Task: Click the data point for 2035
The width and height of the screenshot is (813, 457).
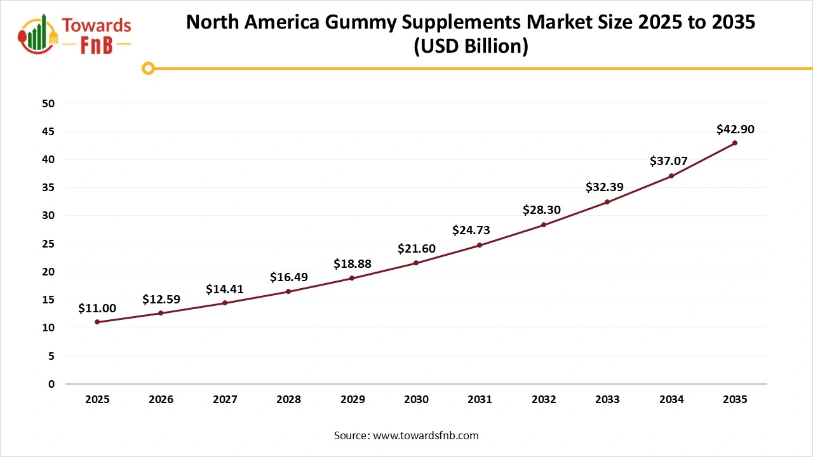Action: [x=735, y=143]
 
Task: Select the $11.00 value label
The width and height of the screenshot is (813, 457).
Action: [x=97, y=308]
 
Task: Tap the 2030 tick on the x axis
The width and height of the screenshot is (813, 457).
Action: [x=416, y=400]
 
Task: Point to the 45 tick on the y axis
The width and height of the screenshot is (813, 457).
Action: [x=49, y=131]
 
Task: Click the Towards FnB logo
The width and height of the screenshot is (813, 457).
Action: [x=75, y=34]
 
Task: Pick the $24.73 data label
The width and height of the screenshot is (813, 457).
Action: [x=471, y=230]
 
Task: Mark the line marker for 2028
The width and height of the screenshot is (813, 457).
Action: [x=288, y=291]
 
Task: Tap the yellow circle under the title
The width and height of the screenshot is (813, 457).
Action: [x=148, y=68]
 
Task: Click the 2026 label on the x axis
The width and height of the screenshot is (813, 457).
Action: [x=161, y=400]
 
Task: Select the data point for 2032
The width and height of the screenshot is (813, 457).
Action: [x=544, y=225]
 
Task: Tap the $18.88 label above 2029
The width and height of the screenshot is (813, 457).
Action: [x=353, y=263]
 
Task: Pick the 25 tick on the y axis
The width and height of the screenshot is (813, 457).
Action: [x=49, y=244]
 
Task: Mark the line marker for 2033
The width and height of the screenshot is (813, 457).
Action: [x=607, y=202]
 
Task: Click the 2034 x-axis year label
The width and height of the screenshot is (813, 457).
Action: [x=671, y=400]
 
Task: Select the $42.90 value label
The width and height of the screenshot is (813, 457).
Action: [x=736, y=129]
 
